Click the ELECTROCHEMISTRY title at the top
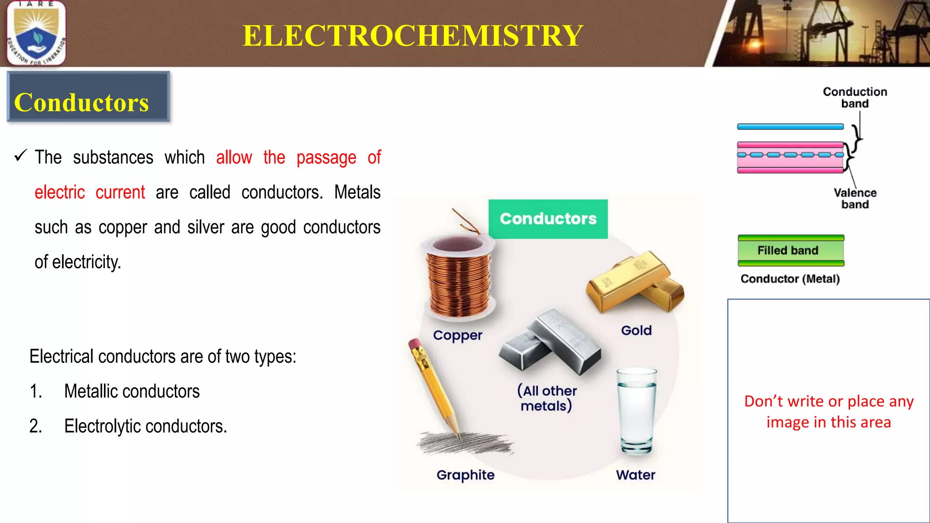click(412, 35)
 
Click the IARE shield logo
click(36, 33)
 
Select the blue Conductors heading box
click(89, 97)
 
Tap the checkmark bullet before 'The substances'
click(21, 156)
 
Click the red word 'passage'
click(326, 158)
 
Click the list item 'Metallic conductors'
click(132, 391)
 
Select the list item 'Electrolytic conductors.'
click(145, 426)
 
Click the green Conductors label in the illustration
click(548, 219)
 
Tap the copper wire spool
click(459, 277)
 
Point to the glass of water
click(636, 411)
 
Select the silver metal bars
click(550, 343)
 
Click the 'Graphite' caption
click(465, 475)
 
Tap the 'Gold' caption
click(636, 331)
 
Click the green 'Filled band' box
click(791, 251)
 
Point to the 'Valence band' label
click(855, 198)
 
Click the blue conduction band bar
click(790, 127)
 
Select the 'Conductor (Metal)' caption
click(790, 279)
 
